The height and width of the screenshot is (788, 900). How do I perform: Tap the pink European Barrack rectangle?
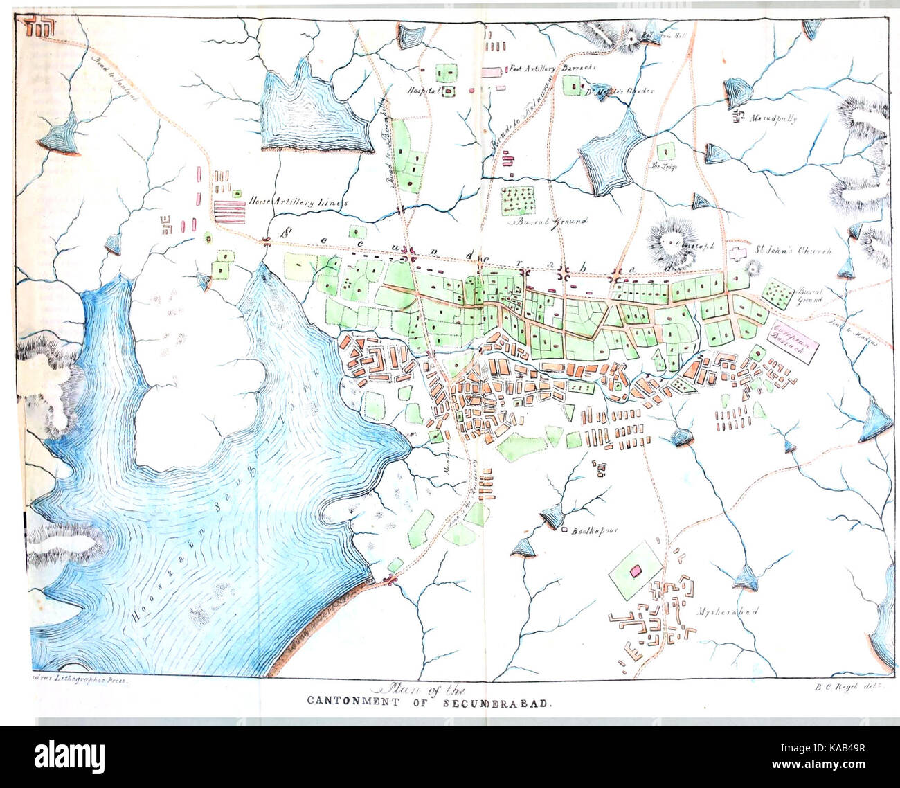[x=793, y=340]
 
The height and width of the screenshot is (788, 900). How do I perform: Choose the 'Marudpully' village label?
[x=773, y=118]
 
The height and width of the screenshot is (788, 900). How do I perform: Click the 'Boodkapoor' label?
[x=593, y=532]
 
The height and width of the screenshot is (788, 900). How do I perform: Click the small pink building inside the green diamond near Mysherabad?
[x=635, y=571]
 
